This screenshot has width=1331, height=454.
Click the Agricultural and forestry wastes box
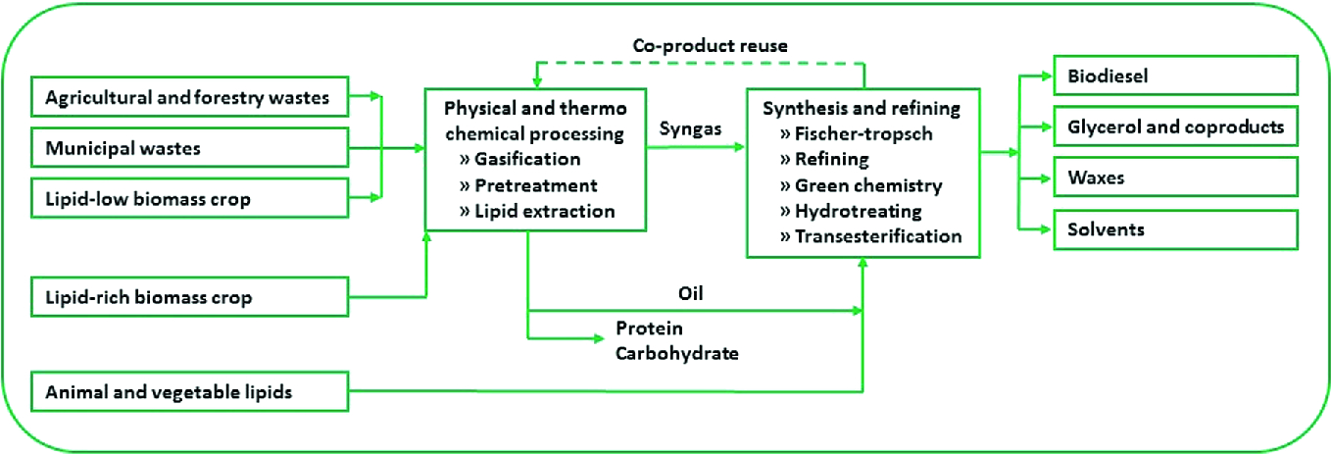[x=190, y=97]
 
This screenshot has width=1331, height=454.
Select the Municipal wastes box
[x=190, y=148]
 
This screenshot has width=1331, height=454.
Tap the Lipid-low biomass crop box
[x=190, y=199]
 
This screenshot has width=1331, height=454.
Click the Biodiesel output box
[x=1175, y=75]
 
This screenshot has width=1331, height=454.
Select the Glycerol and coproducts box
[x=1175, y=126]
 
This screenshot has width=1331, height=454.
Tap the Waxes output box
[x=1175, y=178]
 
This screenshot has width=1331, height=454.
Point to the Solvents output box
[x=1175, y=229]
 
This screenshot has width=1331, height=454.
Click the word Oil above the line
[x=692, y=291]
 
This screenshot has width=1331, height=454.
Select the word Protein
[x=648, y=328]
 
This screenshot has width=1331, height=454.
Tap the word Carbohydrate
[x=676, y=353]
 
